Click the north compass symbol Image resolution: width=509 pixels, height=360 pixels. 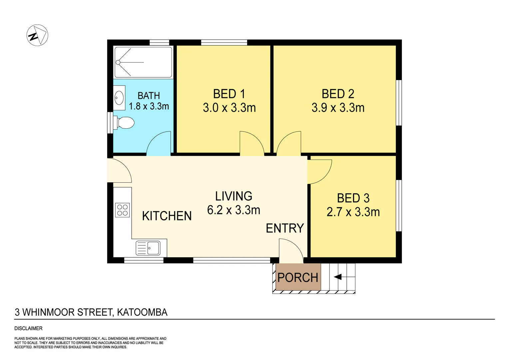[x=37, y=35]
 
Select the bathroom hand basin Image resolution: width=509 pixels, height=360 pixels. [x=119, y=98]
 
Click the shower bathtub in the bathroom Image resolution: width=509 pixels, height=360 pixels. [x=143, y=62]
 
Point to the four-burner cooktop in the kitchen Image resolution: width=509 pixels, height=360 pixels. [x=122, y=210]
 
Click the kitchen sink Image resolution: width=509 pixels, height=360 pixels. [x=149, y=248]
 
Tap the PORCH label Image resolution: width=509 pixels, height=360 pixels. [x=298, y=277]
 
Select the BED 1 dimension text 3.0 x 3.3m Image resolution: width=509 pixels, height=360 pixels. [x=229, y=108]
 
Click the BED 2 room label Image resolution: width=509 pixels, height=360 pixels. [x=338, y=94]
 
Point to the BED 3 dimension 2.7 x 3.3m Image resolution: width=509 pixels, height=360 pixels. [x=353, y=212]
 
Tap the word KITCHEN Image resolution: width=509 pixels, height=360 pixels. [x=167, y=216]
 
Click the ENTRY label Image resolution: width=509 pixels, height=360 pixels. [x=285, y=228]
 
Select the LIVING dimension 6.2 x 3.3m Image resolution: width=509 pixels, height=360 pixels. [x=234, y=210]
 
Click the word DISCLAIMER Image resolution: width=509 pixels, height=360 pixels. [x=28, y=328]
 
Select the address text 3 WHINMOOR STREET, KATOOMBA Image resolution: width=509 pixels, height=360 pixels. [x=91, y=312]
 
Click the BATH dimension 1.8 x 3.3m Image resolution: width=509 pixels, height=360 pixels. [x=149, y=106]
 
